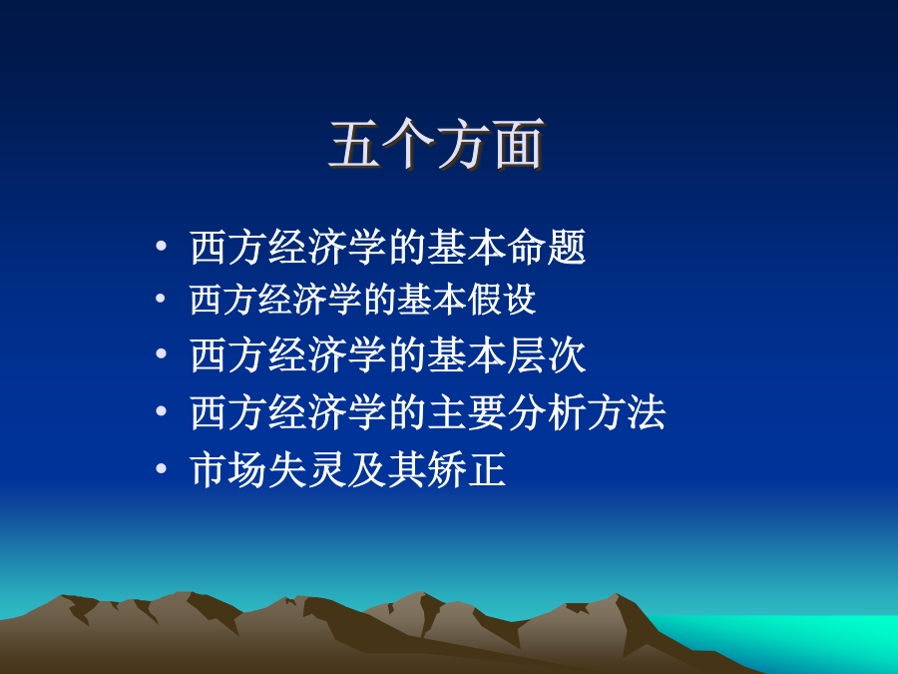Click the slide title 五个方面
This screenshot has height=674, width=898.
point(437,145)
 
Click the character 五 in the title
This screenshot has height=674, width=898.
point(355,145)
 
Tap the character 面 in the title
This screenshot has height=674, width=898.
point(518,145)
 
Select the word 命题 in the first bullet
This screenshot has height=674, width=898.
point(547,247)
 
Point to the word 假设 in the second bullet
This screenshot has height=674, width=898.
point(502,300)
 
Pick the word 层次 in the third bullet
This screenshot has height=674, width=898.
point(547,355)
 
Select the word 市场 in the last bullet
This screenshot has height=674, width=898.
point(228,470)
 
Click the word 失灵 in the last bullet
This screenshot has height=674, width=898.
point(307,470)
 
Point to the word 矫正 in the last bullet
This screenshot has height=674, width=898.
point(467,470)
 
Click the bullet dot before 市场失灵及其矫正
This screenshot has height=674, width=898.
point(161,469)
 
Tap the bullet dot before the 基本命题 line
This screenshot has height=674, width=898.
point(161,246)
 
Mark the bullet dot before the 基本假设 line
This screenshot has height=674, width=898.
point(161,298)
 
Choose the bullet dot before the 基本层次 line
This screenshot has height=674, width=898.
point(161,353)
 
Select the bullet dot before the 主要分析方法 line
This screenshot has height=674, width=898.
point(161,411)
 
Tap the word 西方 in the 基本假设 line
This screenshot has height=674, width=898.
point(224,300)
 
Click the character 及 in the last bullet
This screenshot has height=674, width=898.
point(367,470)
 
